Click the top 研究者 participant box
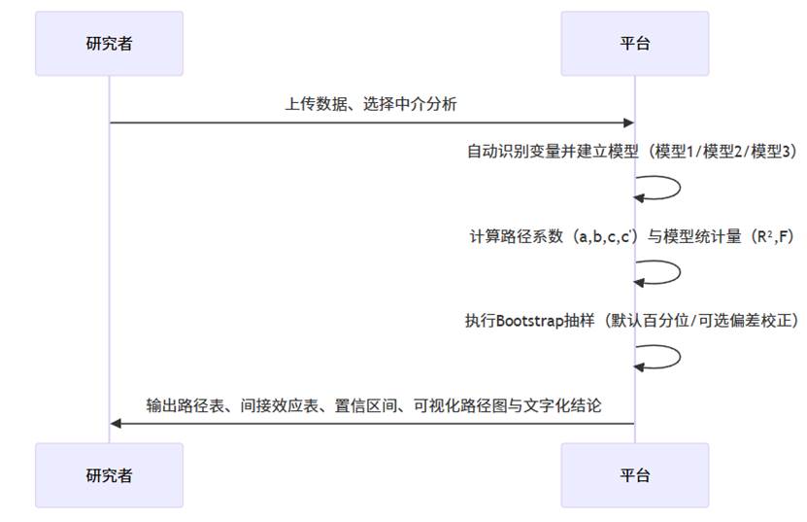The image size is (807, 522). (x=109, y=43)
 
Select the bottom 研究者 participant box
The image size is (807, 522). (x=109, y=475)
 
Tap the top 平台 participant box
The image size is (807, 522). (x=635, y=43)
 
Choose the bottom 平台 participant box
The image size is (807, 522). (x=635, y=475)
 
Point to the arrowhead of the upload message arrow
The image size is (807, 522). (x=628, y=122)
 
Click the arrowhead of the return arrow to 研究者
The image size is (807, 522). (x=116, y=423)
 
